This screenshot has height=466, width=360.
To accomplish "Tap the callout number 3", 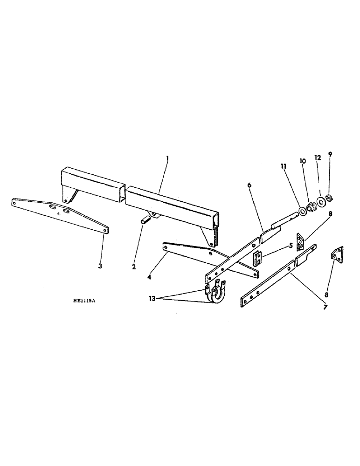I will [100, 266].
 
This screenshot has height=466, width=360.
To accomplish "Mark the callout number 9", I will [331, 155].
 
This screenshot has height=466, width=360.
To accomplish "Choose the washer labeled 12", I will [321, 203].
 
